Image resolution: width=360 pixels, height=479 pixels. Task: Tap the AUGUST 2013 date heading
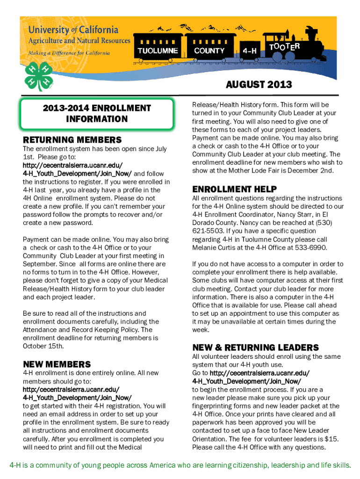click(x=259, y=85)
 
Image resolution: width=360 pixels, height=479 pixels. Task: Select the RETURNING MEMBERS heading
click(x=72, y=140)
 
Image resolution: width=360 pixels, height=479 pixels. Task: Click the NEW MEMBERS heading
click(x=57, y=364)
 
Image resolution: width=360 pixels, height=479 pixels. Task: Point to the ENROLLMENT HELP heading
click(x=234, y=189)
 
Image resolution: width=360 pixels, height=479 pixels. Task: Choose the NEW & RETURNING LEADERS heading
click(x=255, y=348)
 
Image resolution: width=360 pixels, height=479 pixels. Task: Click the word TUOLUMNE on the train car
click(x=158, y=51)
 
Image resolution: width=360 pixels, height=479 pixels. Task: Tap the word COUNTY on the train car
click(x=209, y=51)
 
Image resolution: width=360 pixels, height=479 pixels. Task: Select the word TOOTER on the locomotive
click(x=284, y=47)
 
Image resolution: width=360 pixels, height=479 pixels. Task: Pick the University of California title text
click(x=73, y=30)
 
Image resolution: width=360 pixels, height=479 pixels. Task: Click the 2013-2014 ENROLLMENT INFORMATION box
click(x=97, y=114)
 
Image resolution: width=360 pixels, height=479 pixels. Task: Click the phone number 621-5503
click(x=208, y=231)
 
